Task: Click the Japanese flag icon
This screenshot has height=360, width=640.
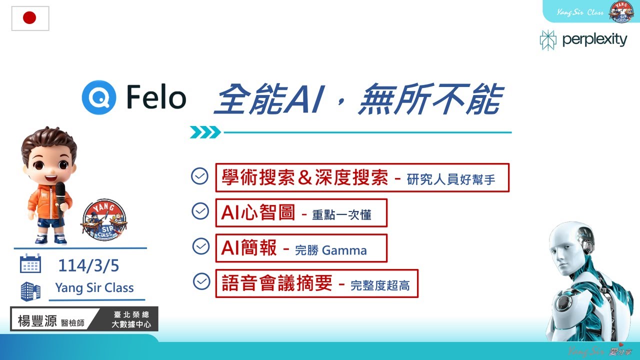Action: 30,18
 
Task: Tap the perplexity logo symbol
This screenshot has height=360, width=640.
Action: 548,40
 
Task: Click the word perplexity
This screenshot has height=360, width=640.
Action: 594,39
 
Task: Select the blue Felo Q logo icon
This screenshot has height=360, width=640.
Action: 99,97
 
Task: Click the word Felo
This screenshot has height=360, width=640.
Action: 156,97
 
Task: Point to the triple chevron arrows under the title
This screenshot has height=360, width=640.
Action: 205,132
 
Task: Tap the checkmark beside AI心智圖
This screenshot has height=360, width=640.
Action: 200,211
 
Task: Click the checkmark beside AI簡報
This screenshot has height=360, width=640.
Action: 201,246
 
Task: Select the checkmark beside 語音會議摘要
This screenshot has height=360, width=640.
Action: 201,281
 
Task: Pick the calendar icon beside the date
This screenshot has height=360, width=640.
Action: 30,263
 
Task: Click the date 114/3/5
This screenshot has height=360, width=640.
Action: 88,265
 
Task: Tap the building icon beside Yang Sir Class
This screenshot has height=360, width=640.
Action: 30,291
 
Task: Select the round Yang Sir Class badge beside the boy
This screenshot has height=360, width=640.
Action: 103,220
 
